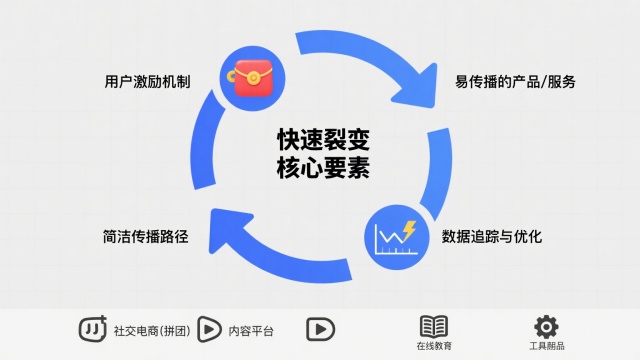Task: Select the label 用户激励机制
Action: click(x=147, y=80)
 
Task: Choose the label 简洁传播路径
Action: click(x=145, y=238)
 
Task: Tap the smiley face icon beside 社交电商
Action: click(x=93, y=328)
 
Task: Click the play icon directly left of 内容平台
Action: click(x=210, y=328)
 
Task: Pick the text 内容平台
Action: click(x=250, y=329)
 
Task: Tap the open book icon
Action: click(x=434, y=326)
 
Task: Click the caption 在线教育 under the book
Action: click(x=434, y=346)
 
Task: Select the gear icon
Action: click(x=546, y=326)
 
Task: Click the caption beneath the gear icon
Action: click(x=546, y=346)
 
